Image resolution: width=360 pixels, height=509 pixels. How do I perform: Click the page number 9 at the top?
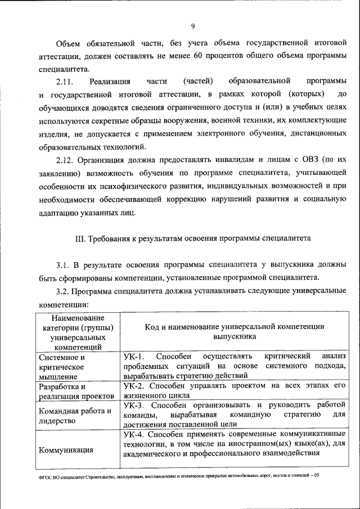coord(192,26)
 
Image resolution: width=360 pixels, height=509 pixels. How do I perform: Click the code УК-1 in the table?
coord(133,357)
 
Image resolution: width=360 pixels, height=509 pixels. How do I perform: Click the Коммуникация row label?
coord(66,450)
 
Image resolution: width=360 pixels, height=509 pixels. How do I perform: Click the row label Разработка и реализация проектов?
coord(73,391)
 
